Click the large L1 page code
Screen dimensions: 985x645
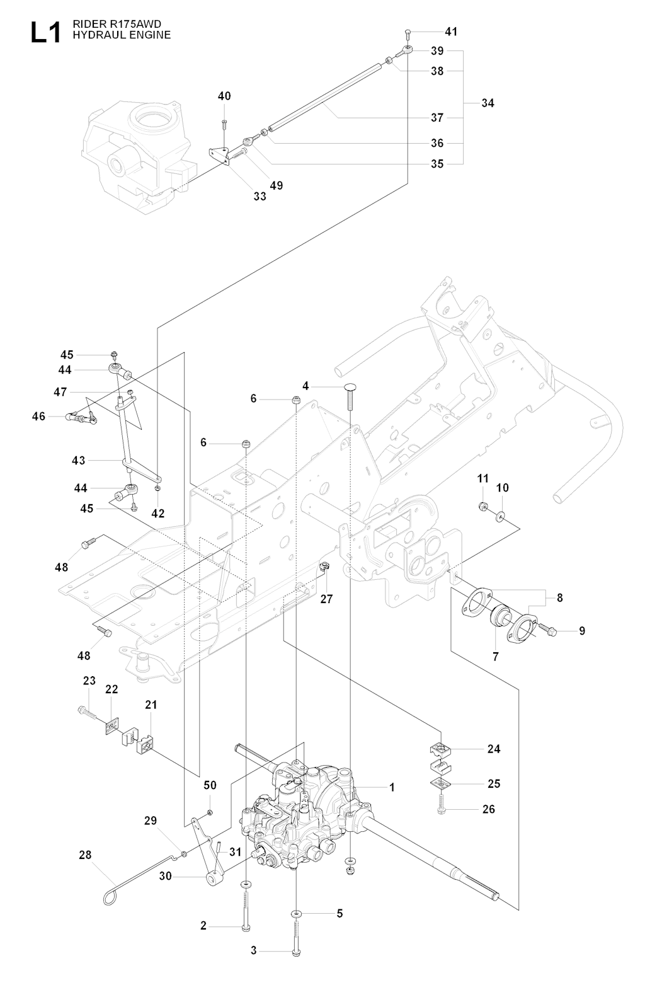46,33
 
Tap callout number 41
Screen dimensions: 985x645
451,32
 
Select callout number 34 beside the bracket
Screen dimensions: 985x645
488,103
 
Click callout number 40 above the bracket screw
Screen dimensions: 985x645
224,96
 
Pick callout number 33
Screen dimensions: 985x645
260,196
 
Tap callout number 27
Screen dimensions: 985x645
326,599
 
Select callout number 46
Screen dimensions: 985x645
38,416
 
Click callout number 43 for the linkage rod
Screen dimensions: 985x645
78,461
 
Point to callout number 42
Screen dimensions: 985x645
157,514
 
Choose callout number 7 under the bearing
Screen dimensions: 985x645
496,657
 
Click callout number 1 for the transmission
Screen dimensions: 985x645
391,787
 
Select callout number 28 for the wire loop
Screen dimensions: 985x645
85,855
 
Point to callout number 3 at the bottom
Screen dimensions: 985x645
254,950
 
